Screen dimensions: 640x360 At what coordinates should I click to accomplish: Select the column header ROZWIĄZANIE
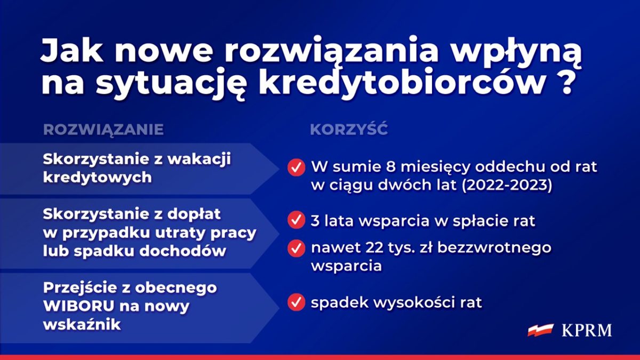point(103,129)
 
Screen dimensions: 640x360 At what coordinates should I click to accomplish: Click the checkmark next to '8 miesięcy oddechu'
point(297,167)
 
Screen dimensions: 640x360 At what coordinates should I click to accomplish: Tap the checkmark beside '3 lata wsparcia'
point(297,220)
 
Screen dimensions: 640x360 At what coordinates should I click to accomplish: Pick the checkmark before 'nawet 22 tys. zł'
point(297,249)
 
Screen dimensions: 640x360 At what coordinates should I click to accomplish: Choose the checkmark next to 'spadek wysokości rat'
point(297,302)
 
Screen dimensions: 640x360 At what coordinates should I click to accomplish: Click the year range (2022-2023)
point(507,185)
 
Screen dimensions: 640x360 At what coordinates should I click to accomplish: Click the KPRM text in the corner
point(587,331)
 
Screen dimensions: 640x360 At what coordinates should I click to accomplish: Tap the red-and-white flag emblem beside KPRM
point(541,330)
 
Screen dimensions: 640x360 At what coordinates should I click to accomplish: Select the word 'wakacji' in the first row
point(199,159)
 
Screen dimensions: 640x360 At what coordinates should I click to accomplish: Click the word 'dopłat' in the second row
point(194,214)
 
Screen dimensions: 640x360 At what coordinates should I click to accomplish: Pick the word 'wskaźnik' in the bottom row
point(82,325)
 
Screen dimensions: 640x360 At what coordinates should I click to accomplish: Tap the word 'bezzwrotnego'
point(494,247)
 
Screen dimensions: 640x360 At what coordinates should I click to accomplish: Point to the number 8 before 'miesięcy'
point(391,167)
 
